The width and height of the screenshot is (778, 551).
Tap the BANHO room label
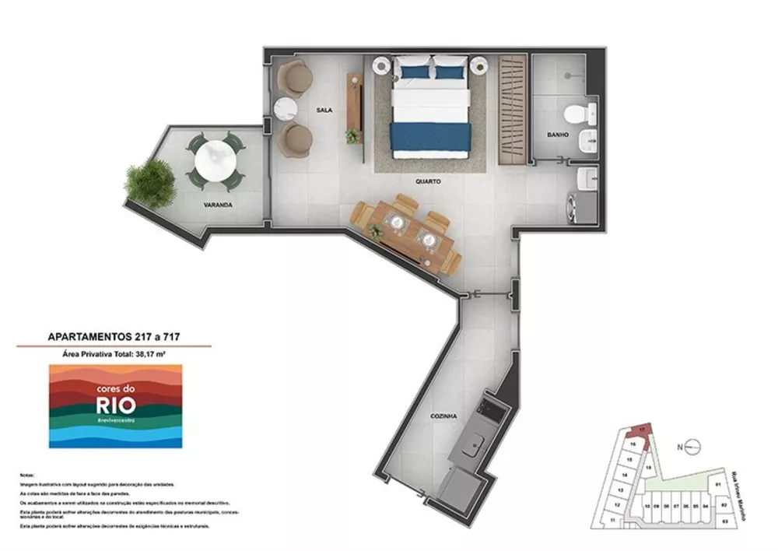pyautogui.click(x=557, y=135)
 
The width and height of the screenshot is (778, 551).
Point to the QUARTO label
pyautogui.click(x=428, y=181)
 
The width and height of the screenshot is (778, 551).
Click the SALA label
pyautogui.click(x=324, y=111)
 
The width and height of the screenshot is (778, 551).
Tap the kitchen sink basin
pyautogui.click(x=474, y=447)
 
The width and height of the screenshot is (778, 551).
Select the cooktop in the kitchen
pyautogui.click(x=491, y=405)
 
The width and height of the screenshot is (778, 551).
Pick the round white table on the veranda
pyautogui.click(x=215, y=161)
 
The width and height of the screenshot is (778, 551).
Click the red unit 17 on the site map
pyautogui.click(x=641, y=430)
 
